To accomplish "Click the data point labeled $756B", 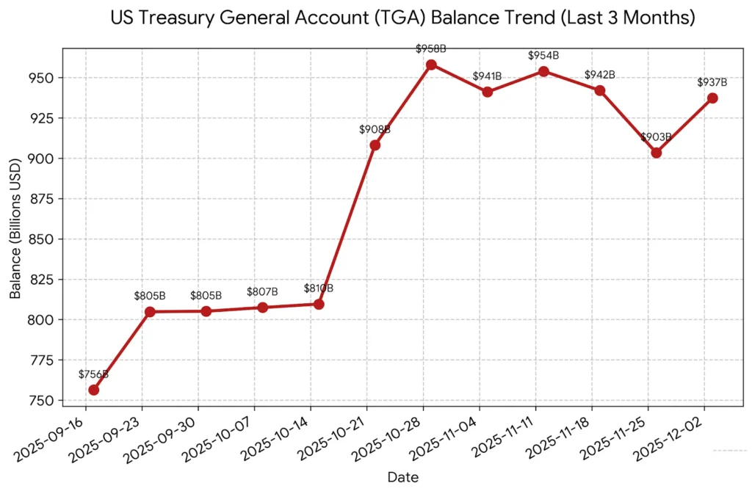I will coord(93,390).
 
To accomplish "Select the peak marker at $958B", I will coord(431,65).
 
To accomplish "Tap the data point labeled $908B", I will coord(375,145).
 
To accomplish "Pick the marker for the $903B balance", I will coord(657,153).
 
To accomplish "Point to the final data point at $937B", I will coord(712,98).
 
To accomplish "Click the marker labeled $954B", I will coord(543,71).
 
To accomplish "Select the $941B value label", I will coord(487,76).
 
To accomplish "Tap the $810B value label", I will coord(319,288).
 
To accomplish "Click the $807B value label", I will coord(262,291).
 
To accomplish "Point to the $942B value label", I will coord(599,74).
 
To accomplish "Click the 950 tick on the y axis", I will coord(45,78).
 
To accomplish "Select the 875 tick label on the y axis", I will coord(45,199).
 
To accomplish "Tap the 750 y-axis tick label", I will coord(45,401).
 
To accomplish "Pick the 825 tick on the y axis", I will coord(45,280).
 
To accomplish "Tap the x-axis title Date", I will coord(403,478).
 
